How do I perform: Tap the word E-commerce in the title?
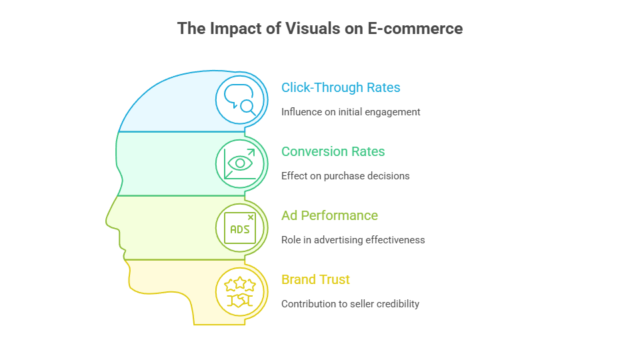(x=415, y=29)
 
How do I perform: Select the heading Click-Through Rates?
(x=341, y=87)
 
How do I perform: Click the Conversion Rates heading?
(x=333, y=151)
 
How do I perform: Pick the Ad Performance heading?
(x=330, y=215)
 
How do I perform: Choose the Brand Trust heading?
(x=315, y=279)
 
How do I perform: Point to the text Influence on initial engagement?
(x=351, y=112)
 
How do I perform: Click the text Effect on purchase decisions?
(x=345, y=176)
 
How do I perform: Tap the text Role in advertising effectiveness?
(x=353, y=240)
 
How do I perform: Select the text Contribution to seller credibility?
(x=350, y=304)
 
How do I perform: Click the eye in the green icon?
(x=240, y=163)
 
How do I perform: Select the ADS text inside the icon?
(x=239, y=230)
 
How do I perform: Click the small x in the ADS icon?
(x=251, y=217)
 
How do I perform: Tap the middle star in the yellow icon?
(x=240, y=283)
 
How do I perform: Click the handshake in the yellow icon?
(x=240, y=301)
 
